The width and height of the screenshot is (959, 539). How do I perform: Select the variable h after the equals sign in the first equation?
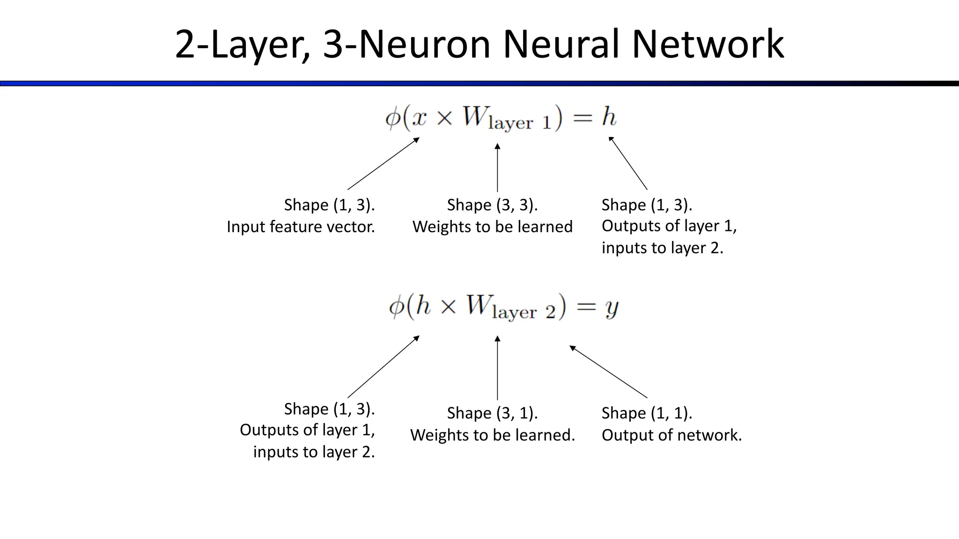(608, 117)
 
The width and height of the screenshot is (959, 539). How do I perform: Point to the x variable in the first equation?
(419, 117)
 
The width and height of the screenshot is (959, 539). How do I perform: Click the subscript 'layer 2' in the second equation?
(523, 312)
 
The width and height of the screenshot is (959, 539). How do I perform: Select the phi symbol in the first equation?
(392, 118)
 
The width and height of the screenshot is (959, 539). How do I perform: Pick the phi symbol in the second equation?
(396, 307)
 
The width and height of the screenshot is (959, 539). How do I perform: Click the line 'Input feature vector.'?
(301, 227)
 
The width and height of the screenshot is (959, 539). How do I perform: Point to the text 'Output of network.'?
(671, 435)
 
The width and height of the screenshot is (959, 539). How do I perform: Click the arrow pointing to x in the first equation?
(383, 163)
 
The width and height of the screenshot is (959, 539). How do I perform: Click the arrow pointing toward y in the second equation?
(608, 371)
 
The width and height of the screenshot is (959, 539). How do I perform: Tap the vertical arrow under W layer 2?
(497, 368)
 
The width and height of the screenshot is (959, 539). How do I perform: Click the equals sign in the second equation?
(586, 306)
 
